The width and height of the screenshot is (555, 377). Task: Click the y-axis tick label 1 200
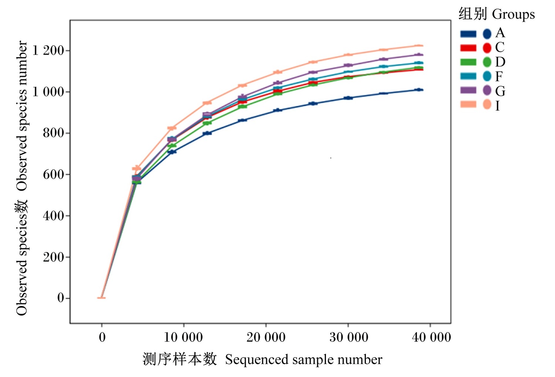[48, 51]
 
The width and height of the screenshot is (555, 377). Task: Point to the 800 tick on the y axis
[53, 133]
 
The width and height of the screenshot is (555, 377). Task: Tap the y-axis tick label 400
[53, 216]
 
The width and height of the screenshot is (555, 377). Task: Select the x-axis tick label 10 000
[184, 337]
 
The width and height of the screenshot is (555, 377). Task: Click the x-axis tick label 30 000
[349, 337]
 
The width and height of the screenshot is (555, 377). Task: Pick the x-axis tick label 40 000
[431, 337]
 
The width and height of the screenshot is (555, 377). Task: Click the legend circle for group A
[487, 34]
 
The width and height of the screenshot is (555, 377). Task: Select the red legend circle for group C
[487, 48]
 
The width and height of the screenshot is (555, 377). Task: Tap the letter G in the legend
[500, 91]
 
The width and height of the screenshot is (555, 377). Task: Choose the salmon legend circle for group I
[487, 104]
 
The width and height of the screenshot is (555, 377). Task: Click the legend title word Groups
[514, 15]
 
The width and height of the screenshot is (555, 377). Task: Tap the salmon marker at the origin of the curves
[101, 297]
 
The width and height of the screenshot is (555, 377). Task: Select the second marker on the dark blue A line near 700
[172, 152]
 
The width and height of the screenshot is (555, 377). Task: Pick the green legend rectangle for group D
[468, 62]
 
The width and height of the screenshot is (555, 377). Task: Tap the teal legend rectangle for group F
[468, 76]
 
